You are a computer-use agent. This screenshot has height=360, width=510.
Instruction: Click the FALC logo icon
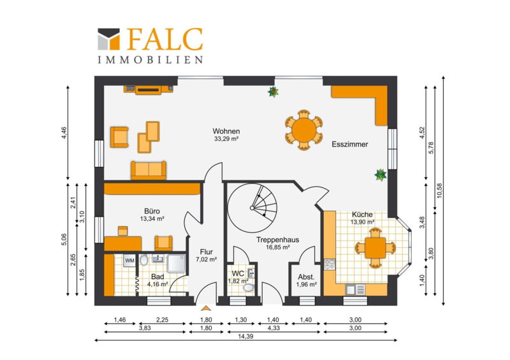(109, 39)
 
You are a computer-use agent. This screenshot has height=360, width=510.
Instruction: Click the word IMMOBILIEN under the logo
(150, 60)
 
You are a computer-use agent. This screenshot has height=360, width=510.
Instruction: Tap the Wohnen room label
(226, 131)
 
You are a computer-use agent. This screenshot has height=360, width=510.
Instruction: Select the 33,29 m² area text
(226, 139)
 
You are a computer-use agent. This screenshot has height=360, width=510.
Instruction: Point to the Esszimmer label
(349, 145)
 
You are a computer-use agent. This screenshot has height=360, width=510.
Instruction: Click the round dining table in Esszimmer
(304, 130)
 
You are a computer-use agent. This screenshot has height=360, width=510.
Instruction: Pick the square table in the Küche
(375, 248)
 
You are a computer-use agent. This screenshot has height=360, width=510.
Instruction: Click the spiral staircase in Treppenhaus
(252, 208)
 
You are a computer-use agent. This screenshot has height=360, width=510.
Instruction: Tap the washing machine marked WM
(129, 261)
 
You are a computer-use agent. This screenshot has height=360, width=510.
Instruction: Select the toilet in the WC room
(249, 287)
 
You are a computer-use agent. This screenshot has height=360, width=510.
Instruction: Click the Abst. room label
(306, 277)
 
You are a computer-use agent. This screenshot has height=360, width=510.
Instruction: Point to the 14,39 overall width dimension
(245, 336)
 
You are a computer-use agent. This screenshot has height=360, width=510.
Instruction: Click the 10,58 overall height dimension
(440, 191)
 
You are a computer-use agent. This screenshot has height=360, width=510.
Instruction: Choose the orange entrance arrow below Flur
(205, 308)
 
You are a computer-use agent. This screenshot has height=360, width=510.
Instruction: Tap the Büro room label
(152, 212)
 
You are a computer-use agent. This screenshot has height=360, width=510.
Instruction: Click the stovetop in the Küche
(330, 264)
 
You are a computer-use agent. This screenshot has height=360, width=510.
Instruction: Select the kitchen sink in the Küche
(356, 289)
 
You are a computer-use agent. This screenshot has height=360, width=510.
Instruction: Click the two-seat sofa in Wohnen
(149, 170)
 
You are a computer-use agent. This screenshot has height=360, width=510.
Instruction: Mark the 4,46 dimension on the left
(64, 133)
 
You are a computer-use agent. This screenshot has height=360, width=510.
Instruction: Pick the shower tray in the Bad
(177, 263)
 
